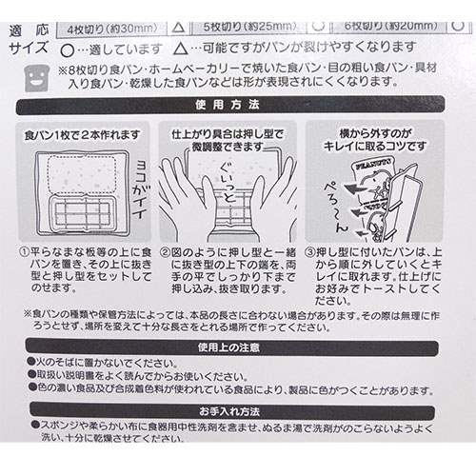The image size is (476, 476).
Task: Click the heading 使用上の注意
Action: pyautogui.click(x=237, y=347)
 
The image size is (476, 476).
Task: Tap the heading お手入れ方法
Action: pyautogui.click(x=237, y=415)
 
